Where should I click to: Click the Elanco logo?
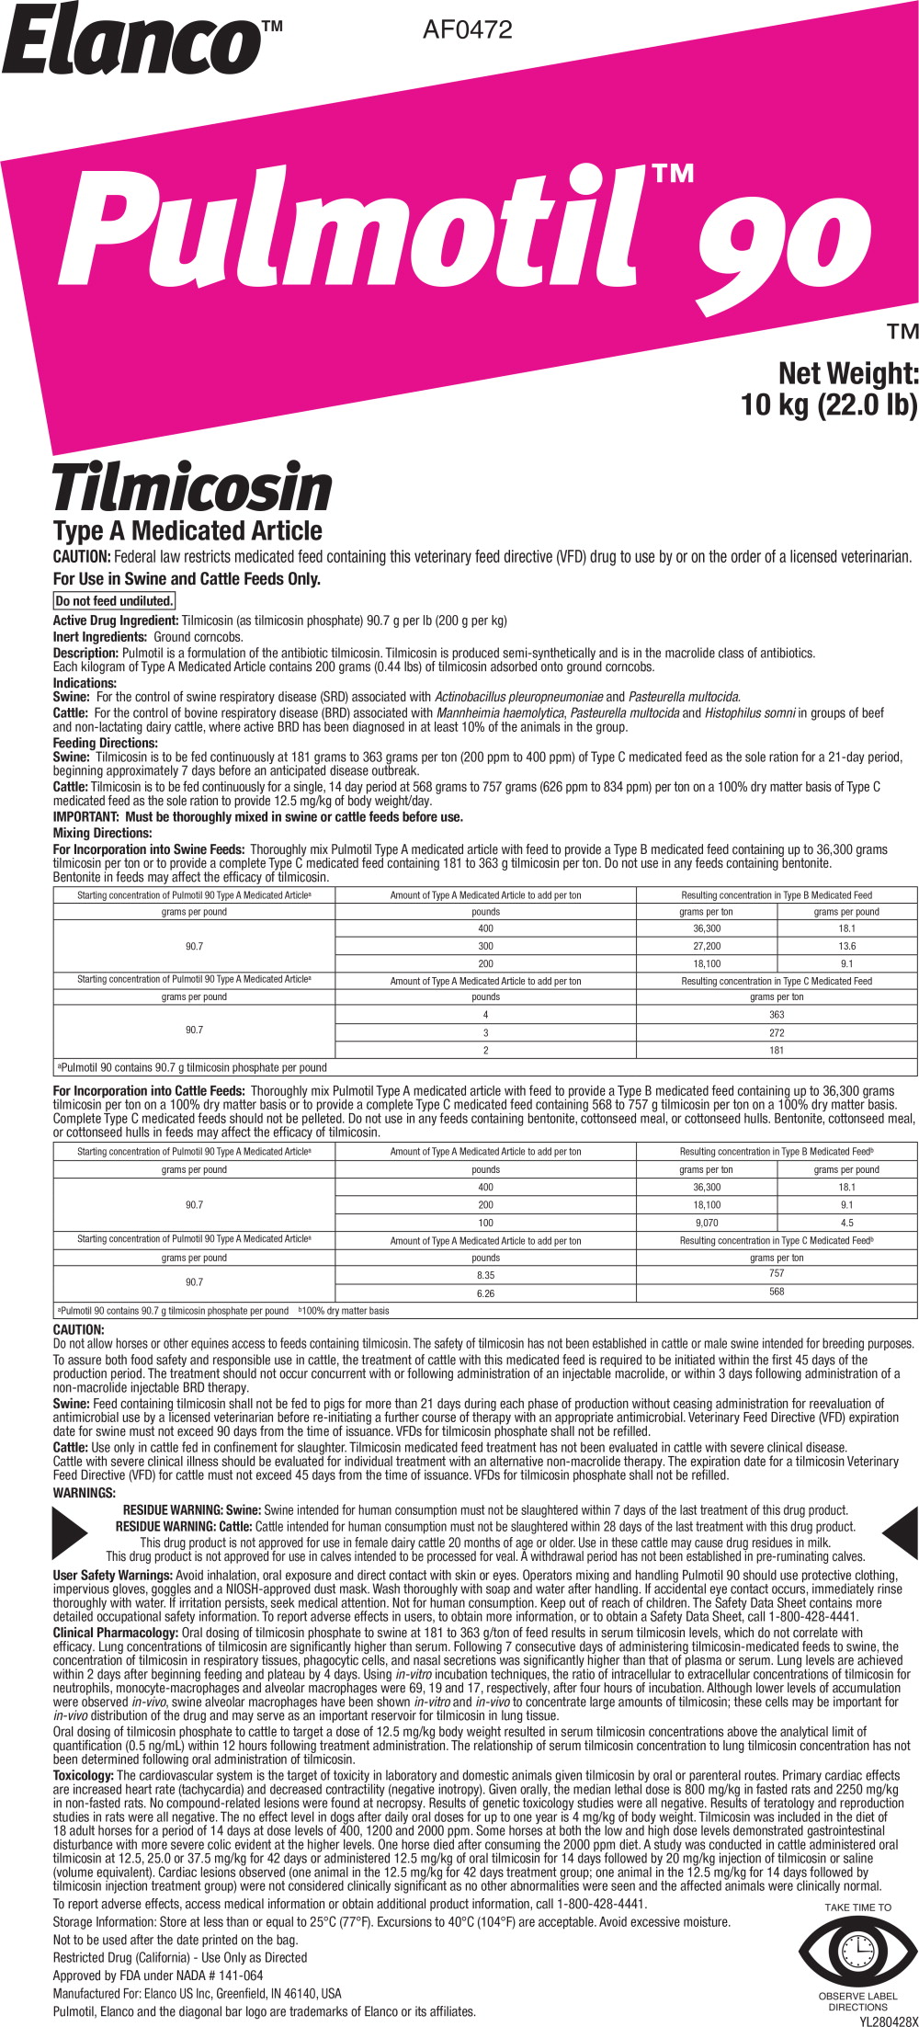(x=133, y=41)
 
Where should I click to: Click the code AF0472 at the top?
(x=467, y=29)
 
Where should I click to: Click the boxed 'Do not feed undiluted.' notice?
(x=114, y=601)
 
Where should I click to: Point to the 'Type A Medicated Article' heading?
(x=187, y=531)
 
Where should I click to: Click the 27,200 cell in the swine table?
(x=707, y=946)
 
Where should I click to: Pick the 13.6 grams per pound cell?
(x=846, y=946)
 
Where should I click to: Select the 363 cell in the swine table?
(x=777, y=1015)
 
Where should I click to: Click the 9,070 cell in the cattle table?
(x=707, y=1223)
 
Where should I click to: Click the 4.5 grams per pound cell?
(x=846, y=1223)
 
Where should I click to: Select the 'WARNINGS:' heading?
(x=85, y=1493)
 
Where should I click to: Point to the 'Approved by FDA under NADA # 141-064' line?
(x=158, y=1976)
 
